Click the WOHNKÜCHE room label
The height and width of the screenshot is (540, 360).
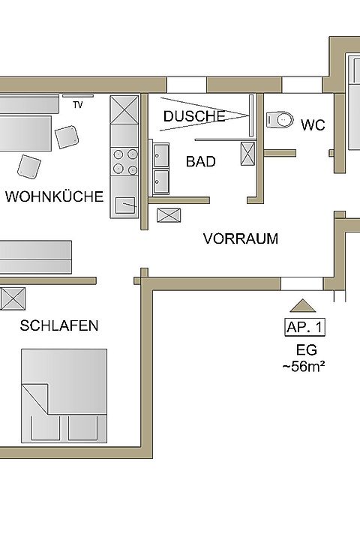54,196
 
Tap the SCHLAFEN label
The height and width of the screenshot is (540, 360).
59,325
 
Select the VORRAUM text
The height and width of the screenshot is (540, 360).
241,238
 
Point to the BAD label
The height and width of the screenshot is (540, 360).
201,161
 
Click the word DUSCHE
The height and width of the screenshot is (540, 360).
194,116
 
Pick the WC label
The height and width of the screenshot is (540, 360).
313,125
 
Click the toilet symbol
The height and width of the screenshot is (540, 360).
280,120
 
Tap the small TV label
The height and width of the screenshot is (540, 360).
78,105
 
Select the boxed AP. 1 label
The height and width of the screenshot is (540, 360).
305,327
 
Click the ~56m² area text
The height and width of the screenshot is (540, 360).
304,366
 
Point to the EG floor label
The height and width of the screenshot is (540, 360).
306,350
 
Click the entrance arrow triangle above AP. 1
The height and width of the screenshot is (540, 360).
303,306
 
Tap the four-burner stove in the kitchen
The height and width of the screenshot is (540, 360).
124,161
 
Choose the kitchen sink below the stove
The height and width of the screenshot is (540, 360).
124,205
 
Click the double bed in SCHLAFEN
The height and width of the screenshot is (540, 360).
64,396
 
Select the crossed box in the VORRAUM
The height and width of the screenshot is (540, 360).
169,215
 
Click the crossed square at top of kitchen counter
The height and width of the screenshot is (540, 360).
124,109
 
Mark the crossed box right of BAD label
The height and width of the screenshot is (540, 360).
247,154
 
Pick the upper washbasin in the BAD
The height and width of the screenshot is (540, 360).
161,156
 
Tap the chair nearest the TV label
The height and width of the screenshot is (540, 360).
67,137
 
